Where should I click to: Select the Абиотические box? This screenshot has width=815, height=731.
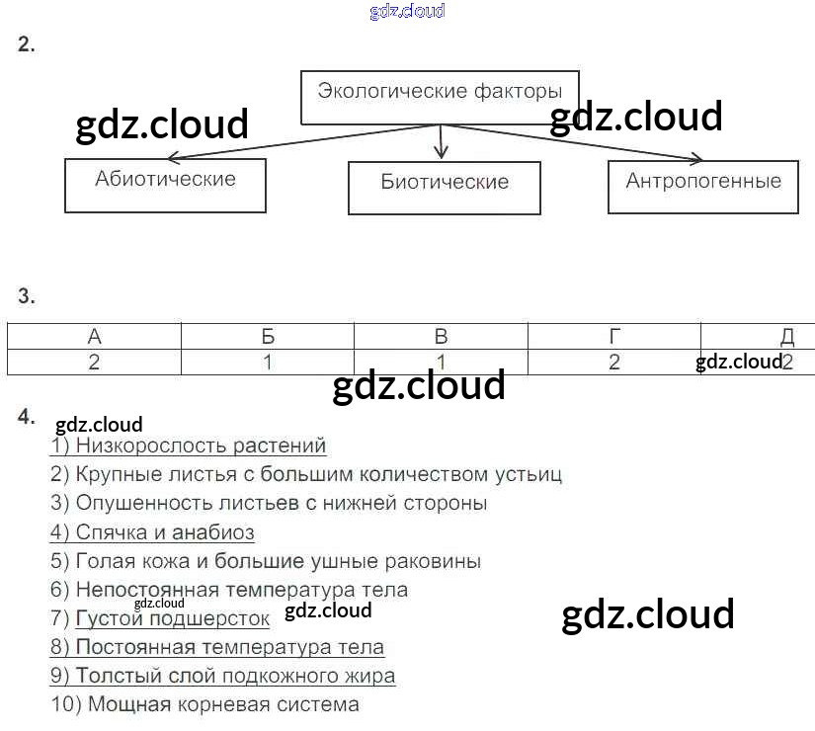(165, 185)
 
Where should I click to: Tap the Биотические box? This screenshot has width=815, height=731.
(445, 187)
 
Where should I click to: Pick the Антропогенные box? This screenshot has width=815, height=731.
(703, 186)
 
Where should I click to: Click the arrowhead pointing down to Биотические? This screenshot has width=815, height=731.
(442, 153)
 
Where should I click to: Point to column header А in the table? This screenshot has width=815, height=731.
(95, 336)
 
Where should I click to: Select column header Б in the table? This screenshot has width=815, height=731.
(268, 336)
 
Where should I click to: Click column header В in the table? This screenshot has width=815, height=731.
(442, 336)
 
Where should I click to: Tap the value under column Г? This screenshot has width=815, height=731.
(614, 363)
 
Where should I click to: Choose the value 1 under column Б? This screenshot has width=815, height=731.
(268, 363)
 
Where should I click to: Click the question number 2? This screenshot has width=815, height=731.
(27, 44)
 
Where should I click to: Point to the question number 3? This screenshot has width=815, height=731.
(27, 296)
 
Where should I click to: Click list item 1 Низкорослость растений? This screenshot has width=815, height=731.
(189, 447)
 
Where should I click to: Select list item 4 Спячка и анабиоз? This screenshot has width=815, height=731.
(153, 533)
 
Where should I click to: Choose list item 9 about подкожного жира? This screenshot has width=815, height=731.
(223, 677)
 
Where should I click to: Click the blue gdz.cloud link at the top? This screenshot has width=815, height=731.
(407, 11)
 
